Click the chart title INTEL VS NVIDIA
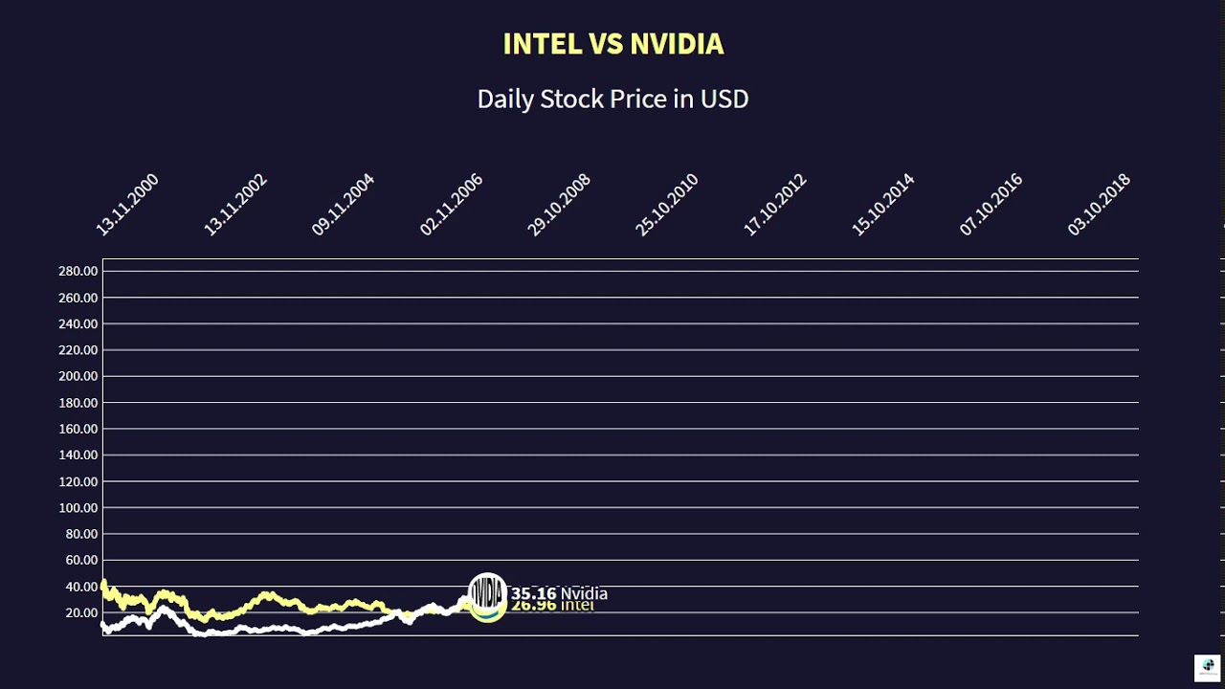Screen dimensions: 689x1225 coord(612,44)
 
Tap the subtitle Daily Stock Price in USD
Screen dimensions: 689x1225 coord(612,99)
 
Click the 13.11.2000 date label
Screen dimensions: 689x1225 coord(127,205)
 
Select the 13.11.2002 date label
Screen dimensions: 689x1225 coord(235,205)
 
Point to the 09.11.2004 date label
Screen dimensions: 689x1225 coord(344,205)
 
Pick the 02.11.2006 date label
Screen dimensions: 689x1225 coord(451,205)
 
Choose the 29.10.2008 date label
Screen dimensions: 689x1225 coord(559,205)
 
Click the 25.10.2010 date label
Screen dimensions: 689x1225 coord(667,205)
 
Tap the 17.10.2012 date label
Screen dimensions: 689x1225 coord(775,205)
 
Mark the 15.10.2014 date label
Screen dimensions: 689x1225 coord(883,205)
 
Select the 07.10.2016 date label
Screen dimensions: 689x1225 coord(991,205)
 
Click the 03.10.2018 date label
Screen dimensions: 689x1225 coord(1099,205)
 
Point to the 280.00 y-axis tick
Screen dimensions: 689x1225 coord(78,272)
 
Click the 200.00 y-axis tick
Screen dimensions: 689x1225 coord(78,376)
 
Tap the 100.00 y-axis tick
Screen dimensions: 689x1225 coord(78,507)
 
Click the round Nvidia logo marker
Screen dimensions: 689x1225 coord(487,592)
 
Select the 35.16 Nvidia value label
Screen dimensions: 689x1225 coord(559,593)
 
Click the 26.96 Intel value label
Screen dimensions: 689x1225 coord(553,606)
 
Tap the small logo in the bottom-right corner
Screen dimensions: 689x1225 coord(1207,666)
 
